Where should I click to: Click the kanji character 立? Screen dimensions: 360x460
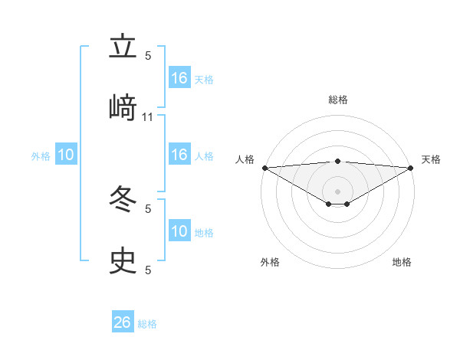[x=123, y=47]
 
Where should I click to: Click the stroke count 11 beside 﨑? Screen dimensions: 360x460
[x=148, y=116]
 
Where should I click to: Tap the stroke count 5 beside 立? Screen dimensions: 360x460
[x=148, y=55]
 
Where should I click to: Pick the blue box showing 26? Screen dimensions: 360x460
[x=123, y=322]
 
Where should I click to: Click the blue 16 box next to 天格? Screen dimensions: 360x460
[x=179, y=78]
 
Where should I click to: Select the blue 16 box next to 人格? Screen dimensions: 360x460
[x=179, y=155]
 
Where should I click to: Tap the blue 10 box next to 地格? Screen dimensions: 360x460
[x=179, y=231]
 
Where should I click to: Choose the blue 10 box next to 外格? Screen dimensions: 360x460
[x=66, y=155]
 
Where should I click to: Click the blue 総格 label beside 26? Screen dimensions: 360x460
[x=147, y=324]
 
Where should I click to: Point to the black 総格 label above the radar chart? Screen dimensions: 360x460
[x=338, y=100]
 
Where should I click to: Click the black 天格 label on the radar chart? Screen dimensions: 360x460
[x=432, y=159]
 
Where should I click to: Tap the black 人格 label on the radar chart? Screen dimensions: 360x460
[x=245, y=159]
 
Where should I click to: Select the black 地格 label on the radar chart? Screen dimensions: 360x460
[x=402, y=262]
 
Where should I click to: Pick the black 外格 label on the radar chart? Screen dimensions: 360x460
[x=270, y=262]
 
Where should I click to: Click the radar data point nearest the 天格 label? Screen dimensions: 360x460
[x=412, y=167]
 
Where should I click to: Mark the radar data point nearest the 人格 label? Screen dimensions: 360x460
[x=264, y=167]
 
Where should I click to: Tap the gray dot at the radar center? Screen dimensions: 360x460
[x=338, y=191]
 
